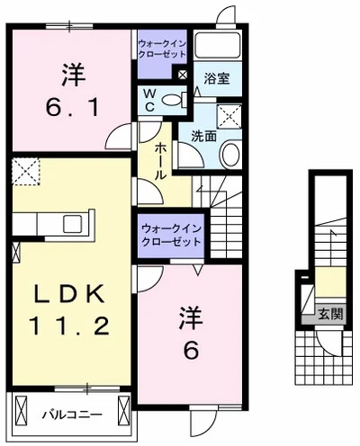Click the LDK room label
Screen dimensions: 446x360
71,294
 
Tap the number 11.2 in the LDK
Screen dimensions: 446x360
71,325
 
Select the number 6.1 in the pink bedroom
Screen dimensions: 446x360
72,106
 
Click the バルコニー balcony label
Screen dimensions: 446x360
72,415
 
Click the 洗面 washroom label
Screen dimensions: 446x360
202,137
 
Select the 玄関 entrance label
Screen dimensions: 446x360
330,314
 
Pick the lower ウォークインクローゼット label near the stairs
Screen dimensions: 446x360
169,235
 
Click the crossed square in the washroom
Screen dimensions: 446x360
229,114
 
